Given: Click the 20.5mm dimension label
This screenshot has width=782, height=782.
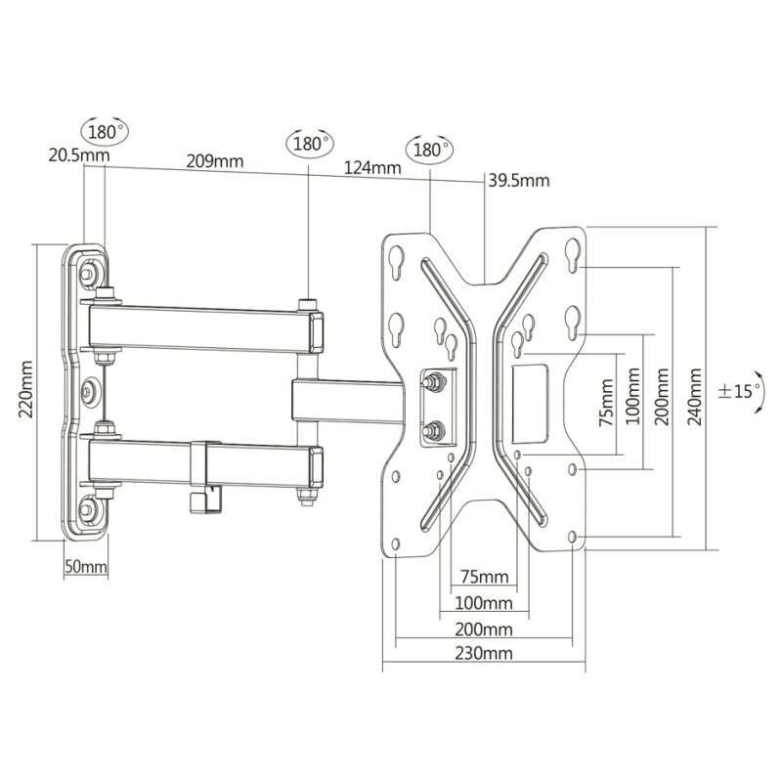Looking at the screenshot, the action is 79,154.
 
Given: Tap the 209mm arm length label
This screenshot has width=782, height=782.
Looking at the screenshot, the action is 215,161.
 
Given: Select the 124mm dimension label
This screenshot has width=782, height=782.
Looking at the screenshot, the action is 372,167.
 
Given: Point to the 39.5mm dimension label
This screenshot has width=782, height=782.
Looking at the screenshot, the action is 519,180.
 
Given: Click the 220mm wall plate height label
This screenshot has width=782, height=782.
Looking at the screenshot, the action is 25,389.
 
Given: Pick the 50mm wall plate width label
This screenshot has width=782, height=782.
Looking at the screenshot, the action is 86,566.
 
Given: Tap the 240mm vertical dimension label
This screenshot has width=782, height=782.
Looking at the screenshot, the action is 695,397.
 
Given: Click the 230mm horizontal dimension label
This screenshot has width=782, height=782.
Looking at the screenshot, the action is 483,653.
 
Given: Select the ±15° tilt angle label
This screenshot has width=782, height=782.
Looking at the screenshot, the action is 739,390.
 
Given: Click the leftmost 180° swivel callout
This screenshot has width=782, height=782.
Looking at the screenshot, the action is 105,132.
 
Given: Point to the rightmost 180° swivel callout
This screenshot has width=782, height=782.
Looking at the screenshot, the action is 430,150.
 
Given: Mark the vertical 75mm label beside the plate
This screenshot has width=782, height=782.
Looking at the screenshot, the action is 606,402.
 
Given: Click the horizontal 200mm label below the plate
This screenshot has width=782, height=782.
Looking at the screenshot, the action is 483,630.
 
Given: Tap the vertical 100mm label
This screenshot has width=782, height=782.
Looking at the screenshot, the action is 633,396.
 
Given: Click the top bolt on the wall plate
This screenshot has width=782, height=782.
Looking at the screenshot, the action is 89,273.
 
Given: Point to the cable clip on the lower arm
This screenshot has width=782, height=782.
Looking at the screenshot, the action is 205,475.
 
